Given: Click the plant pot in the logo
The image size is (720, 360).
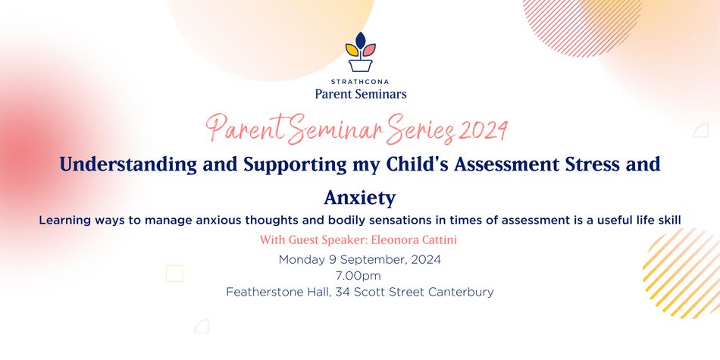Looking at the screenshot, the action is pyautogui.click(x=360, y=64).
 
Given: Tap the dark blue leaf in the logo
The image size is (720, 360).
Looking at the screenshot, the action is pyautogui.click(x=361, y=40).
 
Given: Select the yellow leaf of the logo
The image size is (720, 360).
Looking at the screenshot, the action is pyautogui.click(x=352, y=50).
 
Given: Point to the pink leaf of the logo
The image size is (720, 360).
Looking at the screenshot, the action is pyautogui.click(x=369, y=50).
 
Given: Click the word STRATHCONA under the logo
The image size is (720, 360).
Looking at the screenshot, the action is pyautogui.click(x=360, y=82).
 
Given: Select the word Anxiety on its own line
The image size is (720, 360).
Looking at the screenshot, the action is pyautogui.click(x=360, y=198).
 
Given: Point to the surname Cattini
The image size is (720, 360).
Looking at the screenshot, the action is pyautogui.click(x=441, y=239).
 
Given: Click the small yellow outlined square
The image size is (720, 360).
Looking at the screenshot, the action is pyautogui.click(x=174, y=274).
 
